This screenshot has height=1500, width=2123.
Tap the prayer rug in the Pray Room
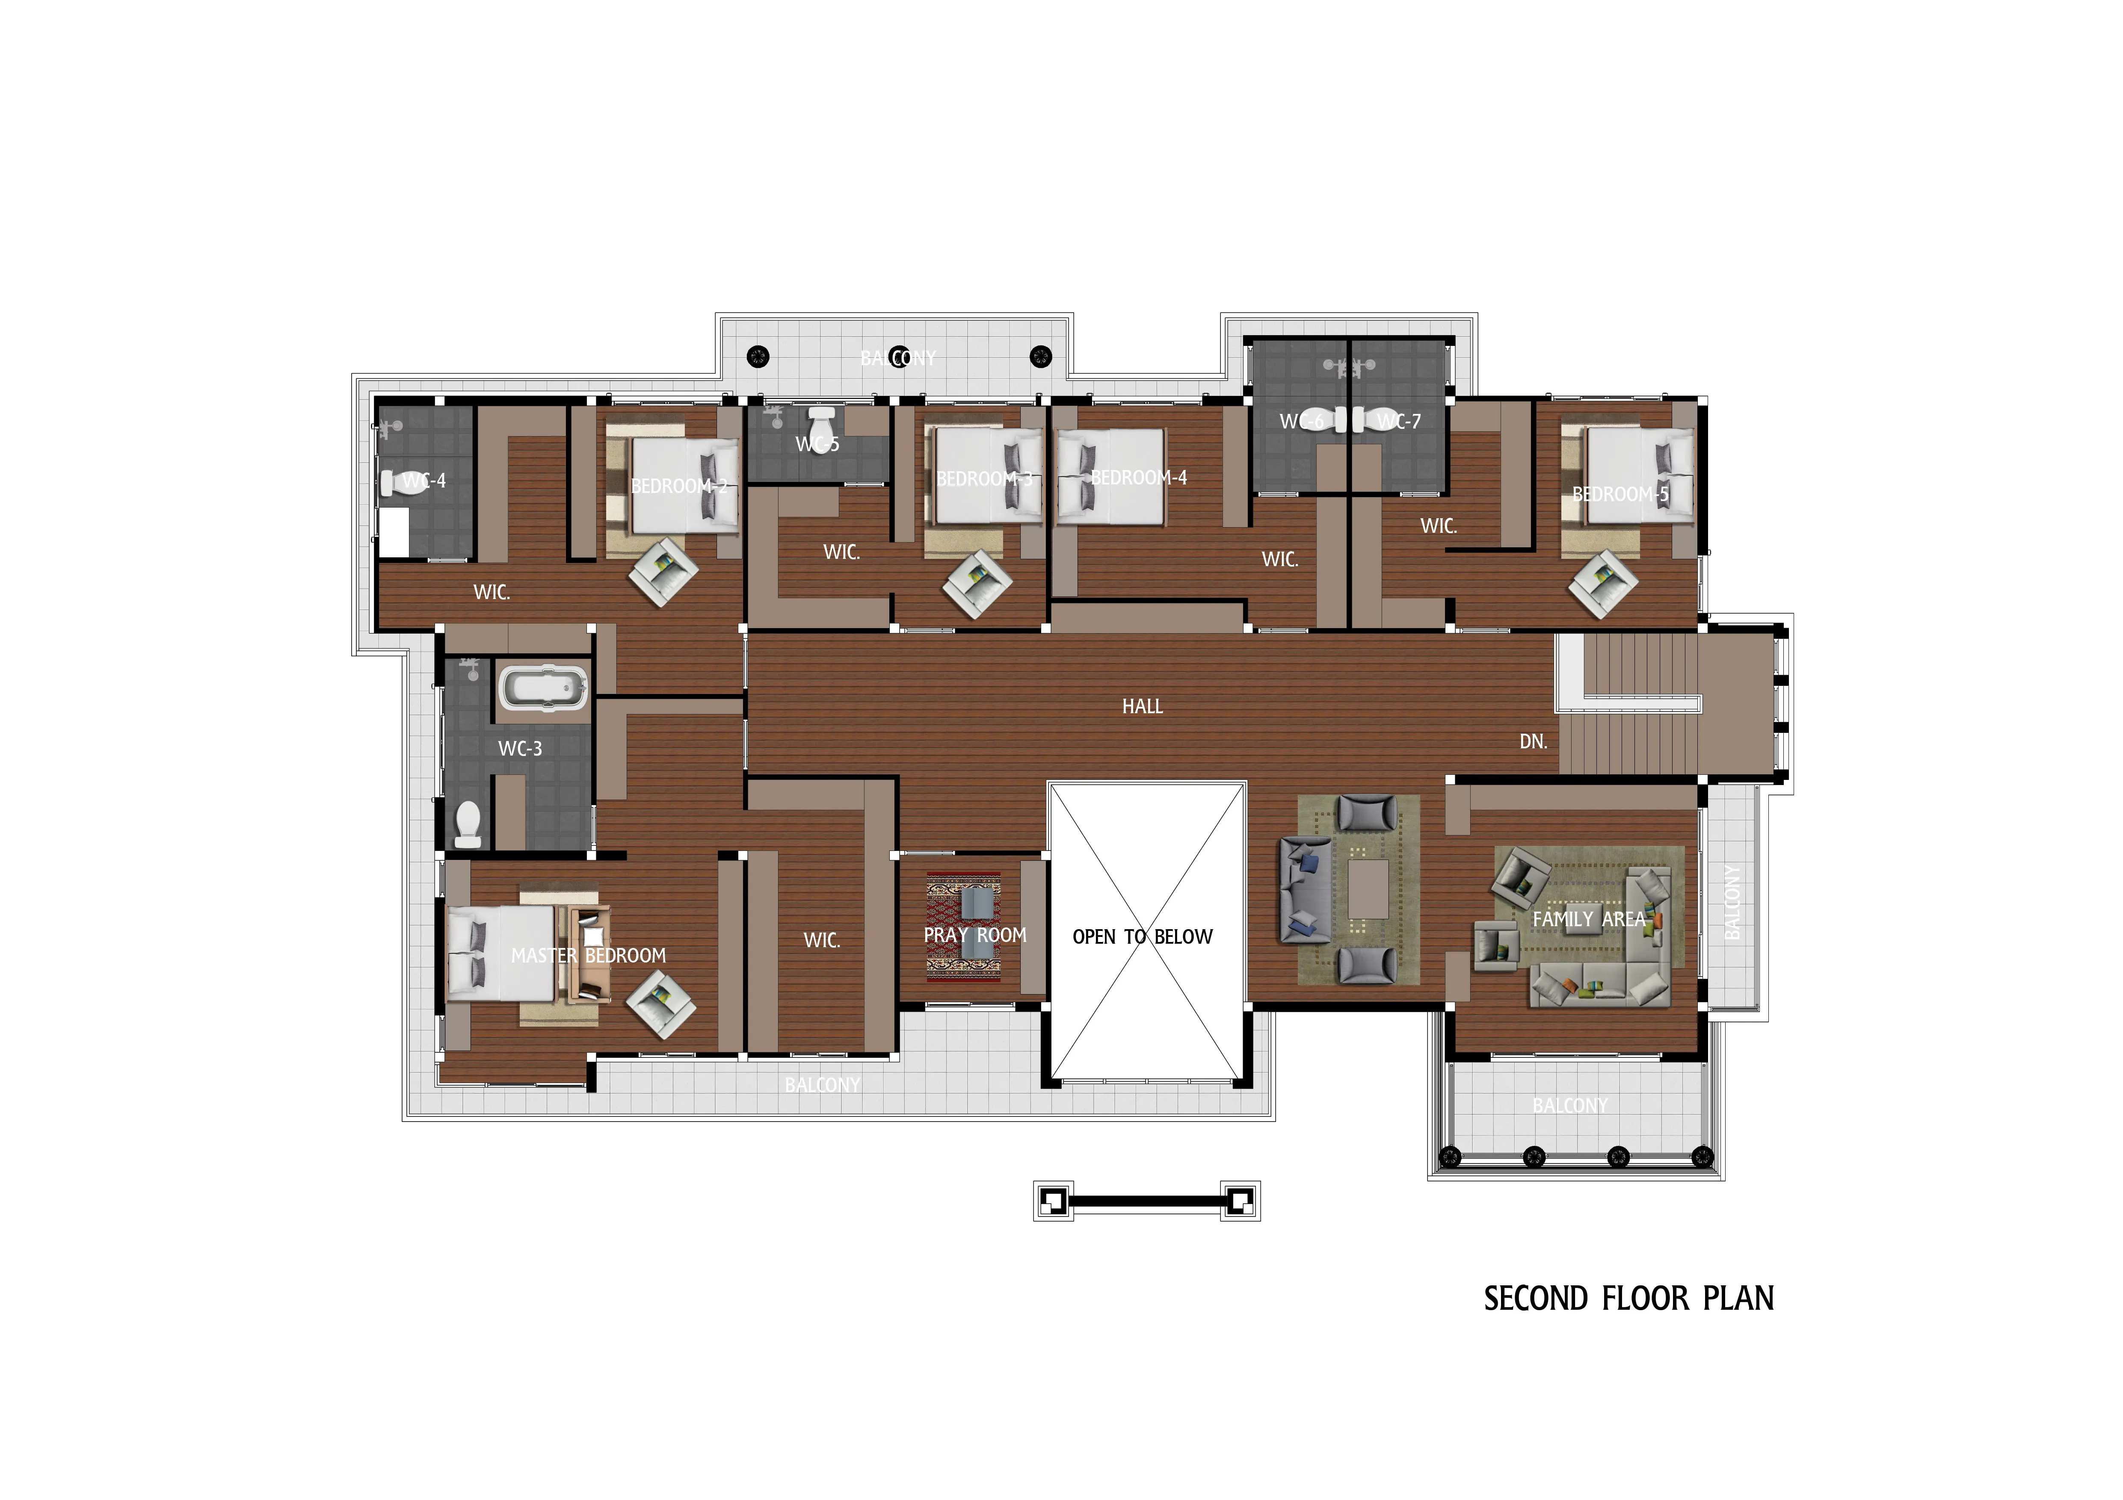(963, 927)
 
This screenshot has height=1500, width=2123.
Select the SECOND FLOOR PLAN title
(1629, 1299)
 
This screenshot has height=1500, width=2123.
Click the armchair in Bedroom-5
(1603, 583)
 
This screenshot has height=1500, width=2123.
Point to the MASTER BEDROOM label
(588, 956)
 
